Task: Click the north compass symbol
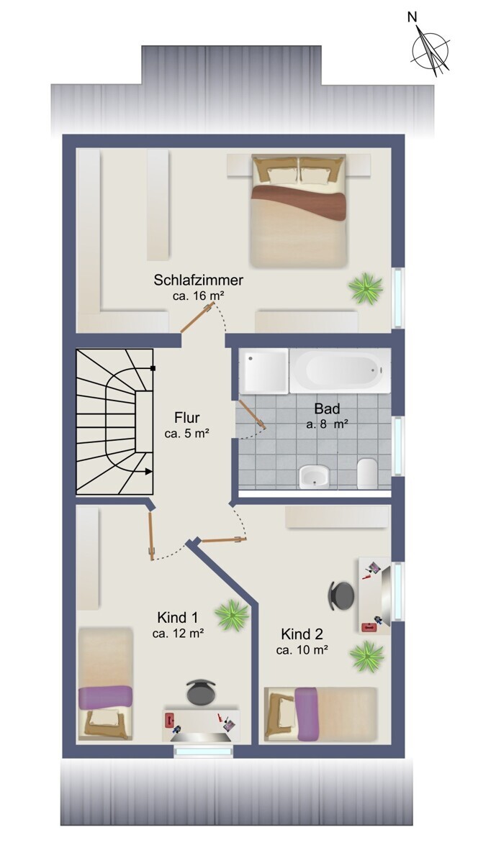click(x=430, y=50)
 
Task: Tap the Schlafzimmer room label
click(x=198, y=280)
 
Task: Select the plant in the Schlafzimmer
click(x=366, y=288)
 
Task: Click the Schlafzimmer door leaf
click(x=197, y=317)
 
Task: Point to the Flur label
click(x=186, y=418)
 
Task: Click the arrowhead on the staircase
click(x=148, y=471)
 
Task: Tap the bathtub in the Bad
click(x=340, y=370)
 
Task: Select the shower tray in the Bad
click(x=263, y=371)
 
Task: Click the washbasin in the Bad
click(x=315, y=476)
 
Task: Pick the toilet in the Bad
click(x=366, y=473)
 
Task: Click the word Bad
click(x=327, y=408)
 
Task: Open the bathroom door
click(x=252, y=414)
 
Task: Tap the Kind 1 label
click(x=178, y=618)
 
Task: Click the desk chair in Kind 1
click(x=201, y=691)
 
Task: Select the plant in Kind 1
click(x=232, y=614)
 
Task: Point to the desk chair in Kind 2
click(x=341, y=595)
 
